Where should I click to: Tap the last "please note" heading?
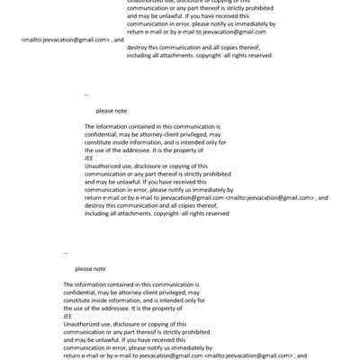click(x=90, y=269)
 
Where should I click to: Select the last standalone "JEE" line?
click(x=68, y=316)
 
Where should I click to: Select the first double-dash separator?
click(x=86, y=94)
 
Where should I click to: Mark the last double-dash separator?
click(x=66, y=253)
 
